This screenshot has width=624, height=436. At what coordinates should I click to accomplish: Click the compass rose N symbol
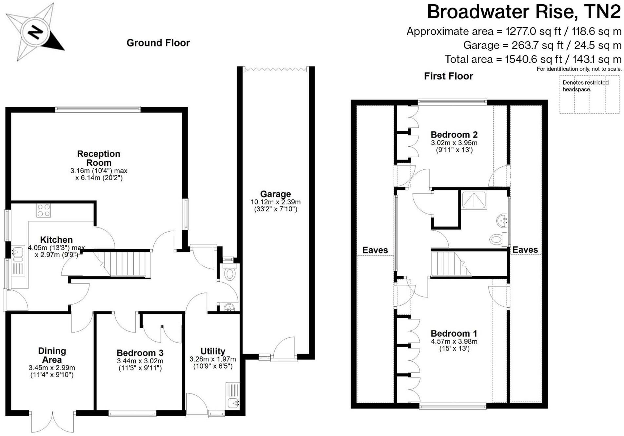pyautogui.click(x=35, y=32)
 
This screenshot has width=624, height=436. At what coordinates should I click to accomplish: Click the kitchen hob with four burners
pyautogui.click(x=44, y=210)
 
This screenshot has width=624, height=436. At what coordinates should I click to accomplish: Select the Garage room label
pyautogui.click(x=275, y=194)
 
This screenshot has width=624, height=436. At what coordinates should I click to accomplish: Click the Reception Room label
pyautogui.click(x=99, y=158)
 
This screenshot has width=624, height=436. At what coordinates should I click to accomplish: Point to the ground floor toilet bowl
pyautogui.click(x=230, y=273)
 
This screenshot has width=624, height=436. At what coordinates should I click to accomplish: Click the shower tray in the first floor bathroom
pyautogui.click(x=474, y=200)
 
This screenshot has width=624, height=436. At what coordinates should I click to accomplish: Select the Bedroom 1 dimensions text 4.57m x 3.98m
pyautogui.click(x=454, y=341)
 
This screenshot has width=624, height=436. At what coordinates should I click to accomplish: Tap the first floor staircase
pyautogui.click(x=449, y=264)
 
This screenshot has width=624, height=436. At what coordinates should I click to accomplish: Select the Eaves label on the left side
pyautogui.click(x=375, y=250)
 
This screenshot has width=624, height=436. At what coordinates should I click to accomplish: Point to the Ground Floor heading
pyautogui.click(x=158, y=43)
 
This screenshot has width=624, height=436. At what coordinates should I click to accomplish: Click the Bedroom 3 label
pyautogui.click(x=140, y=353)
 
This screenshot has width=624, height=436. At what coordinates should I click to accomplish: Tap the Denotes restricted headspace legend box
pyautogui.click(x=589, y=94)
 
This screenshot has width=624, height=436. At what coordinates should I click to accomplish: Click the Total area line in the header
pyautogui.click(x=533, y=59)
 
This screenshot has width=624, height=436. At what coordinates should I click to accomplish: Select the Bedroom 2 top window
pyautogui.click(x=452, y=102)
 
